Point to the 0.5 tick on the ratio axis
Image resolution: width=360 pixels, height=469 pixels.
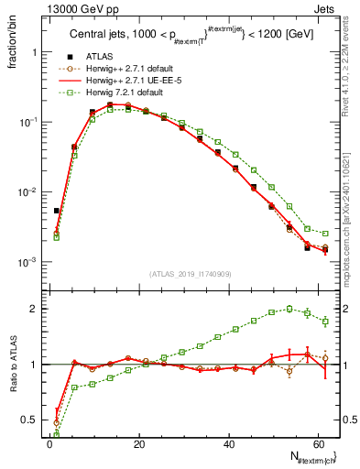(31, 420)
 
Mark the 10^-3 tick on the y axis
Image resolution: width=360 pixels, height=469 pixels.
(27, 262)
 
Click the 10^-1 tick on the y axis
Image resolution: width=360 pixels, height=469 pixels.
(27, 122)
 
